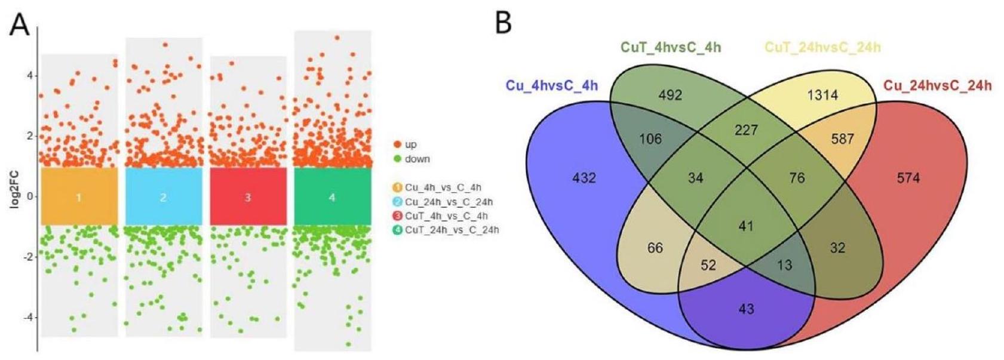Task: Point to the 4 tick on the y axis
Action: coord(28,76)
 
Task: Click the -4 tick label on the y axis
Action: coord(26,317)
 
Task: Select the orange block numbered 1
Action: coord(78,196)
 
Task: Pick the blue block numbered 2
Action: coord(163,196)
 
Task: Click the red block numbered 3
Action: coord(248,196)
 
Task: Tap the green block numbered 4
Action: coord(332,196)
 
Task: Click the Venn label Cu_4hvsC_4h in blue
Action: coord(552,85)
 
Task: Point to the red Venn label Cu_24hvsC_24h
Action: coord(937,85)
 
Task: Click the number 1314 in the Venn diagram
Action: coord(822,95)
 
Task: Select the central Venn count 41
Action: coord(746,226)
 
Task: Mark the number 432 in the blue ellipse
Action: coord(584,177)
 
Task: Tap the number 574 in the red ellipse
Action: coord(908,177)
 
